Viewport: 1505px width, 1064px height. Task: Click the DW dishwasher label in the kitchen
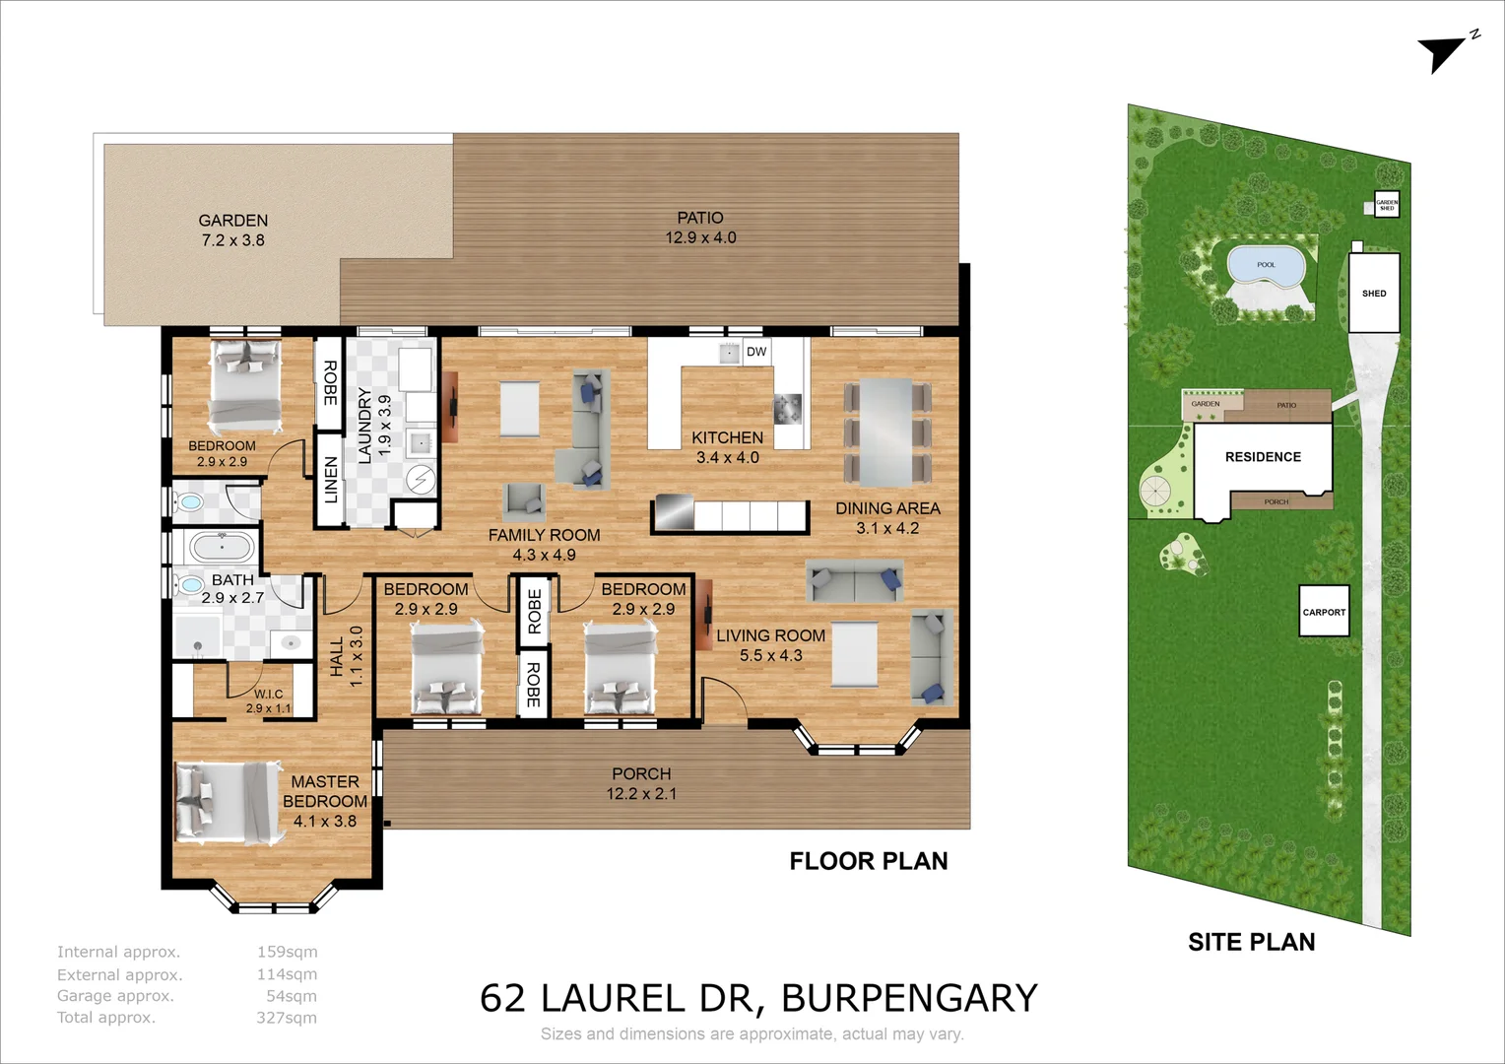(x=755, y=352)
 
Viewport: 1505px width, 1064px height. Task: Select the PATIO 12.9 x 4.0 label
(x=700, y=228)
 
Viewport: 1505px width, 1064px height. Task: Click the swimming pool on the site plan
(x=1266, y=266)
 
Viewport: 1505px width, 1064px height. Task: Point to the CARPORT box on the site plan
(x=1324, y=612)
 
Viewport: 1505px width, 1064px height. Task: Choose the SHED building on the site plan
(x=1374, y=293)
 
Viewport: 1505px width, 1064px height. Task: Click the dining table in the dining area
(x=886, y=432)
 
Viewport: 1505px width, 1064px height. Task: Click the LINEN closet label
(x=331, y=480)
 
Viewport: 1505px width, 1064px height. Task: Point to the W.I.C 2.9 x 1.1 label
(x=268, y=700)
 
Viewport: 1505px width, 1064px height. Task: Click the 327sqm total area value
(x=287, y=1018)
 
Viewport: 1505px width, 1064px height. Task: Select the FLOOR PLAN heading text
(x=868, y=861)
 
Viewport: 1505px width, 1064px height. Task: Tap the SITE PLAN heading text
(x=1251, y=942)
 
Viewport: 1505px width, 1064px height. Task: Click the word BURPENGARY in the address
(x=909, y=998)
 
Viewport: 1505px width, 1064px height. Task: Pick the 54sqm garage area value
(x=292, y=996)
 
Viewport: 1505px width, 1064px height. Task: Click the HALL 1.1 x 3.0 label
(x=346, y=656)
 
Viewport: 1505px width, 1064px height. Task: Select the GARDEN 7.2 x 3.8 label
(x=233, y=231)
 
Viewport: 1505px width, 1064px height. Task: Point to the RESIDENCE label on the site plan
(x=1263, y=457)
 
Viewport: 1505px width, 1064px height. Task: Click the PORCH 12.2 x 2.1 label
(x=641, y=784)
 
